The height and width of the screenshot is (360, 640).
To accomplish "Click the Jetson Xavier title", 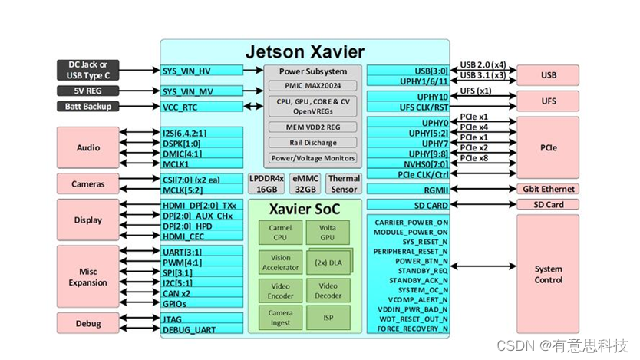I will [x=305, y=52].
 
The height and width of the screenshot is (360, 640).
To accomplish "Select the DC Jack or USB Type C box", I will [x=87, y=70].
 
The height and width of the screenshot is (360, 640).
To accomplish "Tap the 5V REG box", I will [x=87, y=91].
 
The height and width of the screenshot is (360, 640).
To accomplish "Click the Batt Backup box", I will [x=87, y=107].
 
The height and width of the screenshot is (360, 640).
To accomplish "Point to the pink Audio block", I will [x=88, y=147].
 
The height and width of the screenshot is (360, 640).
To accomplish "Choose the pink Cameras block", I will [x=88, y=184].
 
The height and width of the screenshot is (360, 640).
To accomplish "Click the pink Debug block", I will [x=88, y=323].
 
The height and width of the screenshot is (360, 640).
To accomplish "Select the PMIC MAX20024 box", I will [x=312, y=86].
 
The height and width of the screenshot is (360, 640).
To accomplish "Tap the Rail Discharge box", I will [x=312, y=143].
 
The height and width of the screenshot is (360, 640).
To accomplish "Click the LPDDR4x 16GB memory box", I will [x=267, y=184].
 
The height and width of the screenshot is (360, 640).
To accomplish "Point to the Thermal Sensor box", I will [x=343, y=184].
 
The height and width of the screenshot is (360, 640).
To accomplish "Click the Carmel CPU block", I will [x=280, y=233].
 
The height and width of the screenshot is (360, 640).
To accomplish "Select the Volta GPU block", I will [x=328, y=233].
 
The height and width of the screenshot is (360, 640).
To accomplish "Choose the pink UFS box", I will [x=547, y=101].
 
